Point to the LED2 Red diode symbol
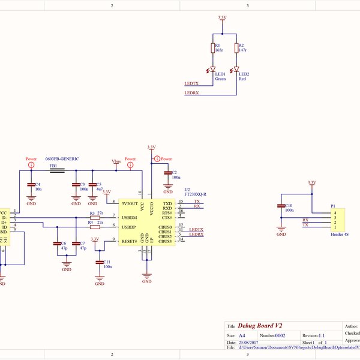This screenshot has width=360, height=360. click(x=236, y=70)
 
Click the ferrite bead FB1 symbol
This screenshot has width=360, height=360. click(x=58, y=170)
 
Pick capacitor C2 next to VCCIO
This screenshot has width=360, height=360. click(x=168, y=173)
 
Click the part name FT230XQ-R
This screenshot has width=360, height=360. click(x=195, y=194)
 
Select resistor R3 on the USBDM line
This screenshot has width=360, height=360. click(x=94, y=217)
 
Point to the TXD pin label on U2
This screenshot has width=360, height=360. click(x=167, y=203)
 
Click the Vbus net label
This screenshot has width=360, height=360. click(x=116, y=161)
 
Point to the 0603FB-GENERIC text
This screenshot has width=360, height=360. click(x=62, y=158)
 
